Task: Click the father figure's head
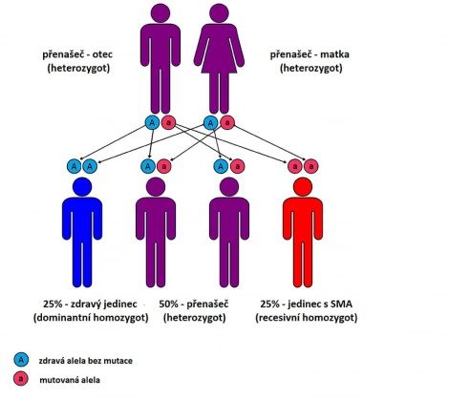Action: [160, 13]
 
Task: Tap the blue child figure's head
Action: [82, 187]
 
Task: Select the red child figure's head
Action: [303, 187]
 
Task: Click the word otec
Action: [102, 54]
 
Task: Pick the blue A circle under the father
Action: [152, 122]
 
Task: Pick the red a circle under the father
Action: [168, 122]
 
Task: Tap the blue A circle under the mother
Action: [210, 122]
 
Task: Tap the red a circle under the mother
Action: [227, 122]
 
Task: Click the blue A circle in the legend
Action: [21, 360]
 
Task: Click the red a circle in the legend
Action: [21, 379]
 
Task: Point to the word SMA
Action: [341, 304]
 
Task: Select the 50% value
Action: [168, 304]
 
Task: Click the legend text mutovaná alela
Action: [70, 380]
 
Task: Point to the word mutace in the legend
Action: [119, 361]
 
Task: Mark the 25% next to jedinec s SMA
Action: [269, 304]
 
